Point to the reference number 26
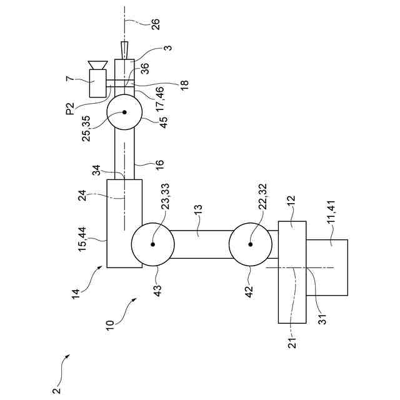click(x=156, y=24)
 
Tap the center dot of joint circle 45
click(x=124, y=113)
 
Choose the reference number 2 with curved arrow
click(x=57, y=391)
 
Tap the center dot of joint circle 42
click(x=251, y=245)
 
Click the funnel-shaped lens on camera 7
click(x=97, y=64)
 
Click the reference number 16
click(x=159, y=164)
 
